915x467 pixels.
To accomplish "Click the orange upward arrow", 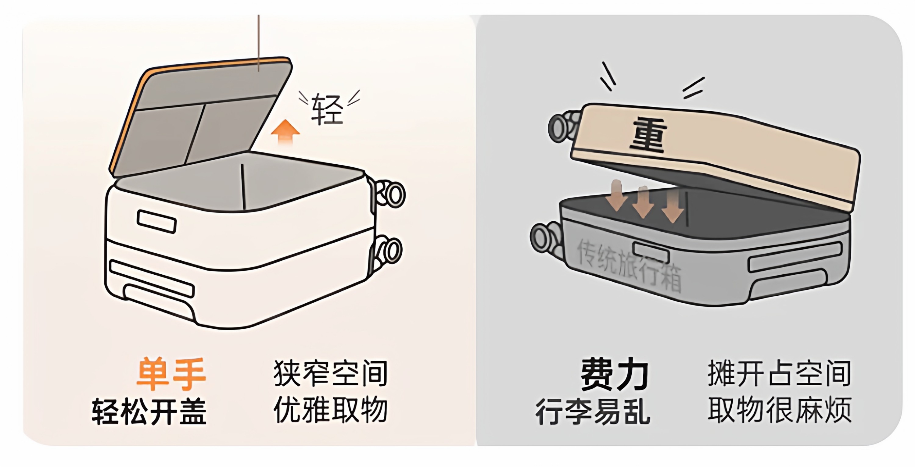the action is tap(285, 131).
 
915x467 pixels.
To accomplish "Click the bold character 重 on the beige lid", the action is tap(648, 135).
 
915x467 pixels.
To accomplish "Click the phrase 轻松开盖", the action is tap(149, 411).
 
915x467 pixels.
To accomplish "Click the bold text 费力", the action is tap(615, 374).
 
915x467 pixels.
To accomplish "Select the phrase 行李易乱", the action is tap(593, 411).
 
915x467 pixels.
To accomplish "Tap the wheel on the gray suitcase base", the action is tap(544, 237).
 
